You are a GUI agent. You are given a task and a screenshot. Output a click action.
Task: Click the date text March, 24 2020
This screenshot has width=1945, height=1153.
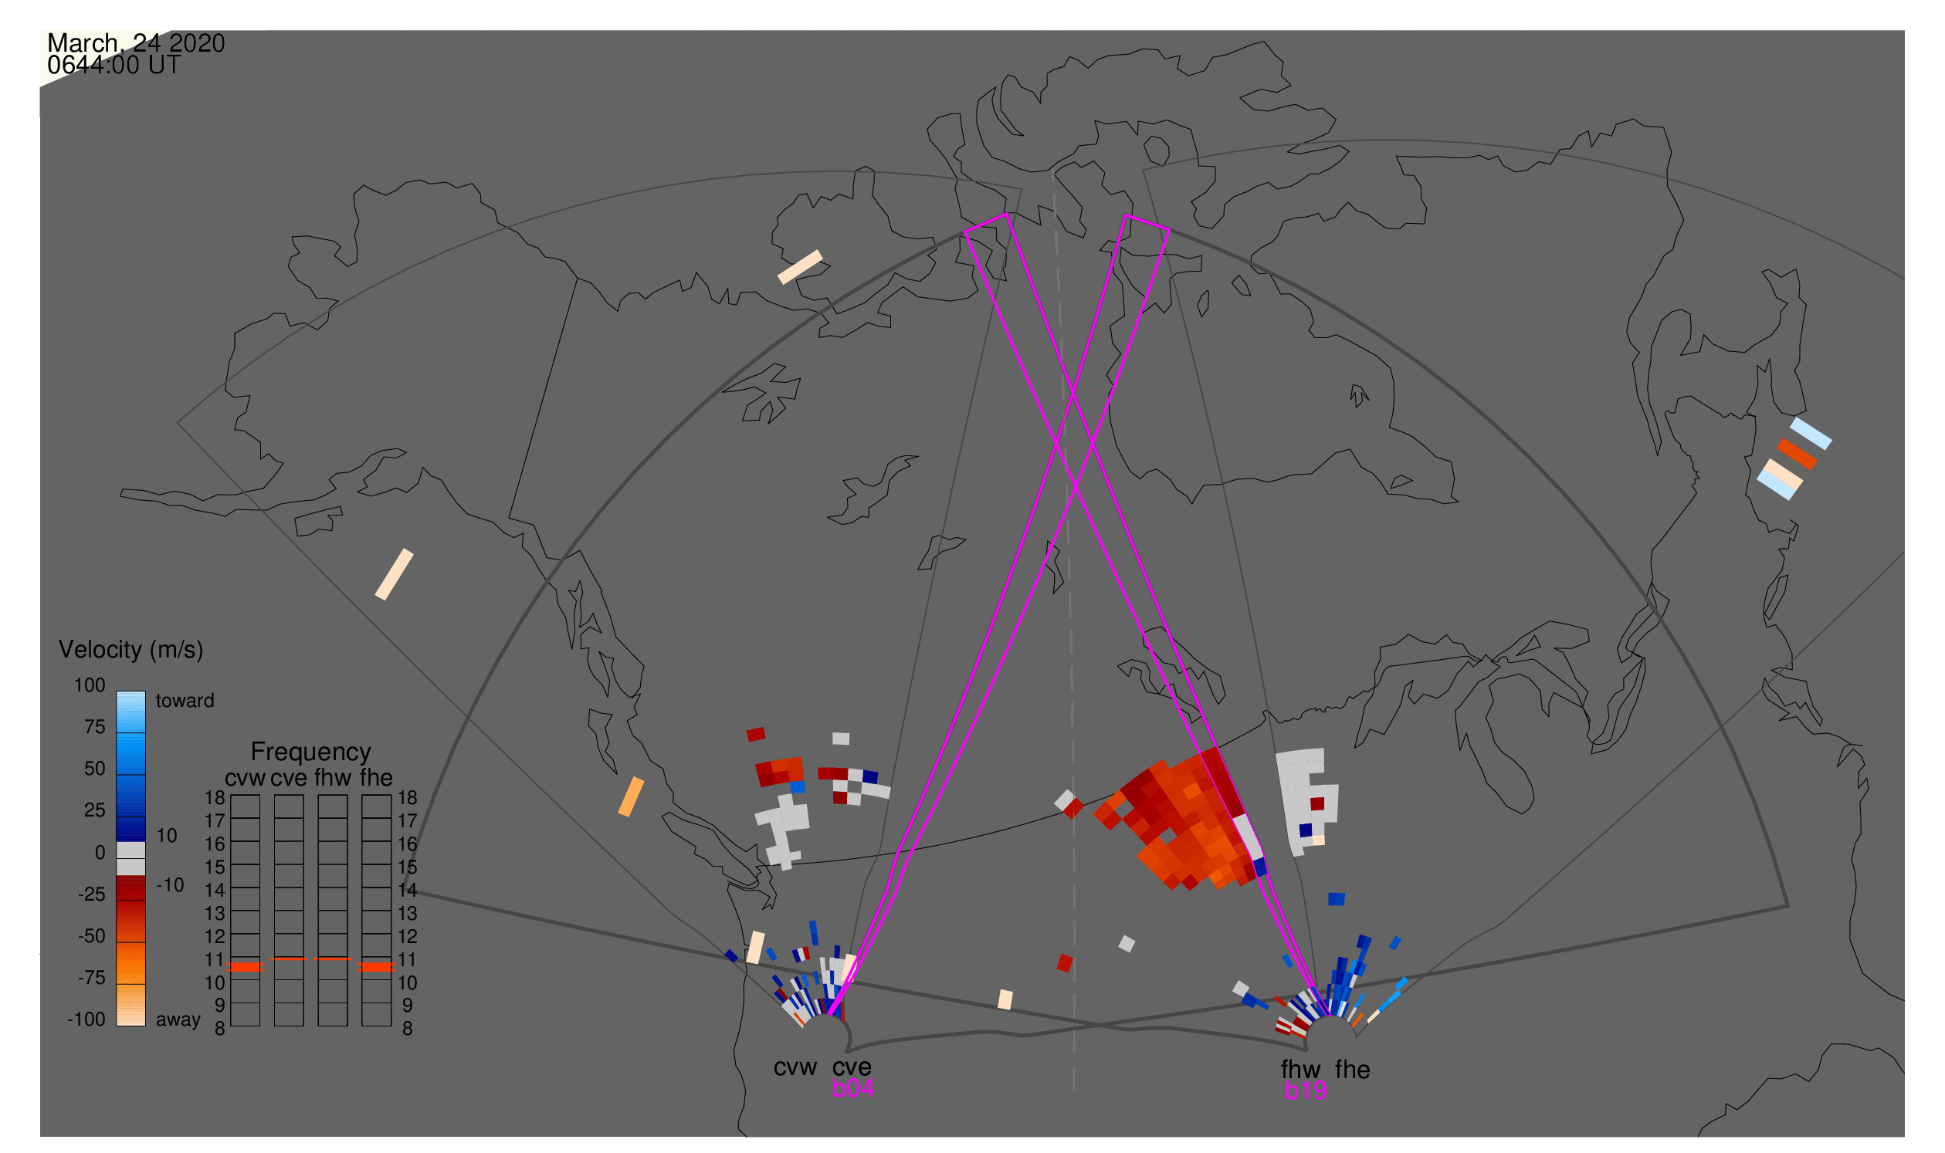tap(136, 43)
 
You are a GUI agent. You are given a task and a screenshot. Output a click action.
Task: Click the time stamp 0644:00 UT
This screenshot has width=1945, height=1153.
tap(114, 66)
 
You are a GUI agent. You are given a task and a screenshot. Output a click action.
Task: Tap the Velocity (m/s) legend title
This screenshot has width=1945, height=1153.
tap(131, 651)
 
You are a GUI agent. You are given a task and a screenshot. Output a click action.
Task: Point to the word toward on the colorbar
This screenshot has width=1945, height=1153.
tap(185, 701)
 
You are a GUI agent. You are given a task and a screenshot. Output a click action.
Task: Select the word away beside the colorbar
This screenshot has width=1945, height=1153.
tap(178, 1020)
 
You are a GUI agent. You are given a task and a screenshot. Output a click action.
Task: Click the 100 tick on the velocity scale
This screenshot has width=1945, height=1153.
tap(90, 685)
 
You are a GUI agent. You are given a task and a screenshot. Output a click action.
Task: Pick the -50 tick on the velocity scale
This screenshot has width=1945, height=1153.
tap(92, 936)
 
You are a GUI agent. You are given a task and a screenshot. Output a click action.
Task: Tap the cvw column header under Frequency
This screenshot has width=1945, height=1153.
tap(246, 779)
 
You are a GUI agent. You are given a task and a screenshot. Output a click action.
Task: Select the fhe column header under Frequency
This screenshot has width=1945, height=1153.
tap(376, 779)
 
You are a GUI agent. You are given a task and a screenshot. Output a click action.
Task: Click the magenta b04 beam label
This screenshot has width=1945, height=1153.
tap(852, 1089)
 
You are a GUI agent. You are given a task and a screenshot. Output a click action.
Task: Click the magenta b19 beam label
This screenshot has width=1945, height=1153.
tap(1306, 1091)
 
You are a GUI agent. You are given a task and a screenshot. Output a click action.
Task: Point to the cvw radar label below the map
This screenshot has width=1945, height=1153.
tap(795, 1068)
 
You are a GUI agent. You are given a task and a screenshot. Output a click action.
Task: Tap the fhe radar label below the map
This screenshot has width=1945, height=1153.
tap(1353, 1070)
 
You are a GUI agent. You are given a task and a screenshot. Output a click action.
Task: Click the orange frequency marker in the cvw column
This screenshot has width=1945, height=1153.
tap(246, 967)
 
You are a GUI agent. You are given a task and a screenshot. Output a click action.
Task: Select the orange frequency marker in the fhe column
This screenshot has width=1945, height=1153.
tap(377, 967)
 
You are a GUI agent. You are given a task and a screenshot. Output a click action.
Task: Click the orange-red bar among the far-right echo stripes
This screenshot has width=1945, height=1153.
tap(1798, 455)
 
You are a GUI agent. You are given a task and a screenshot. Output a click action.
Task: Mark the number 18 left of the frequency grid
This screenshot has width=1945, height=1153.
tap(215, 798)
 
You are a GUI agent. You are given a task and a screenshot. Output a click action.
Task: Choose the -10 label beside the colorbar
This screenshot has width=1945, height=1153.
tap(170, 886)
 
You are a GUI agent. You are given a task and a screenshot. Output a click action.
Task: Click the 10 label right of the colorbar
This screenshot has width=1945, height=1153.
tap(167, 836)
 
